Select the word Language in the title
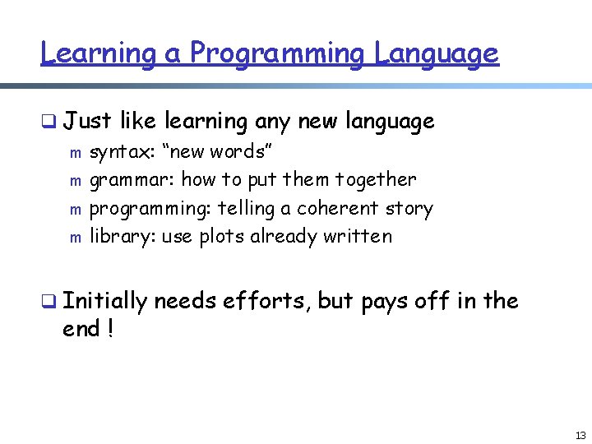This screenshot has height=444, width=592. [437, 53]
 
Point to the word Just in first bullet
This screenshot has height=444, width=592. [87, 122]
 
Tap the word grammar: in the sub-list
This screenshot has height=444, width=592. [132, 180]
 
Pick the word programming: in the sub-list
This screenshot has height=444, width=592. [150, 209]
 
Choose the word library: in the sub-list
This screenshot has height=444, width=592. [123, 237]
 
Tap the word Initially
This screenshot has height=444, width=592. [104, 302]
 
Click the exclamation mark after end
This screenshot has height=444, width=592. [109, 330]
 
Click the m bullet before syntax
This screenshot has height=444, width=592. [75, 153]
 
